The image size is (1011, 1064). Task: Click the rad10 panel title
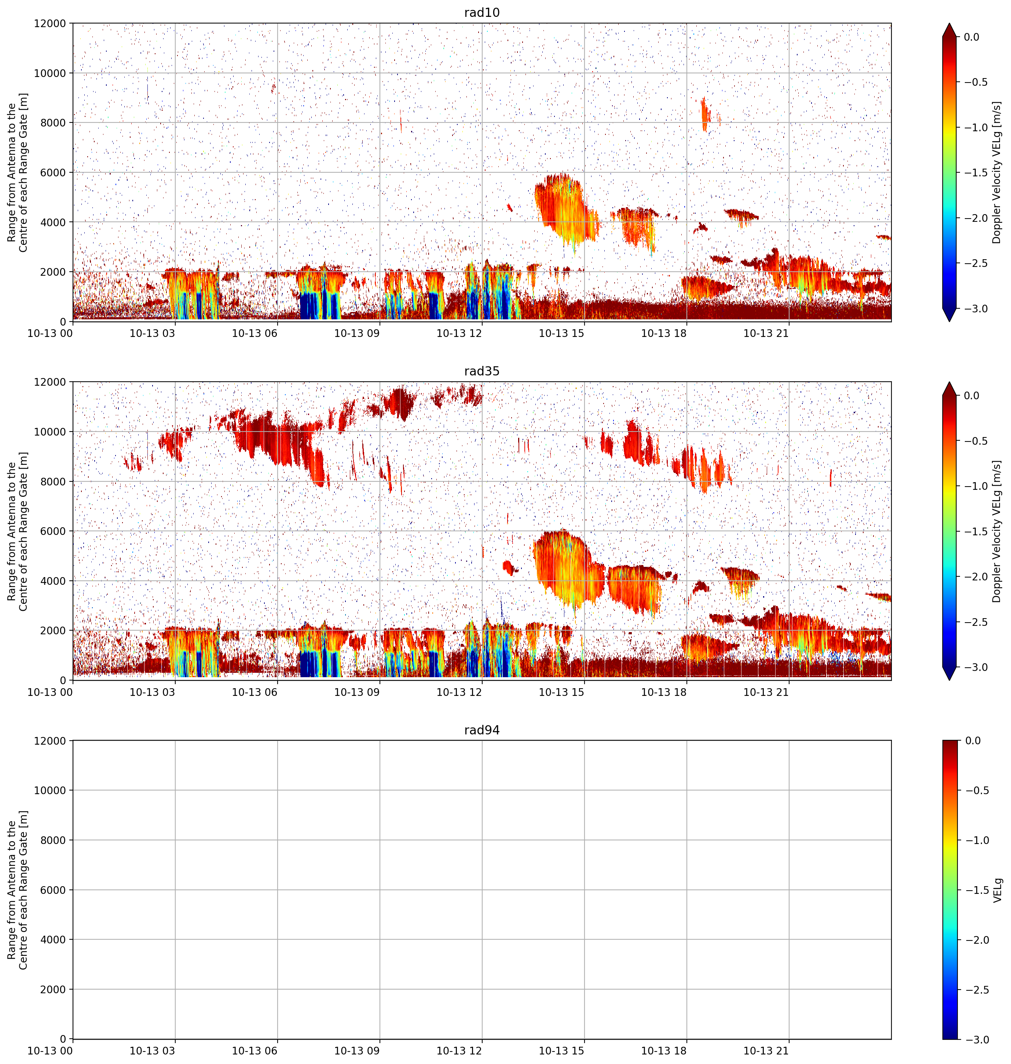[x=482, y=12]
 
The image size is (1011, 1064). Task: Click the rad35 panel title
[x=482, y=371]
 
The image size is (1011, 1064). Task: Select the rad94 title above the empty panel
[x=482, y=730]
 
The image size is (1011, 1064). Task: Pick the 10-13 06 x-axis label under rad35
[x=254, y=692]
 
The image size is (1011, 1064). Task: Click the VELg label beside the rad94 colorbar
[x=997, y=890]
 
